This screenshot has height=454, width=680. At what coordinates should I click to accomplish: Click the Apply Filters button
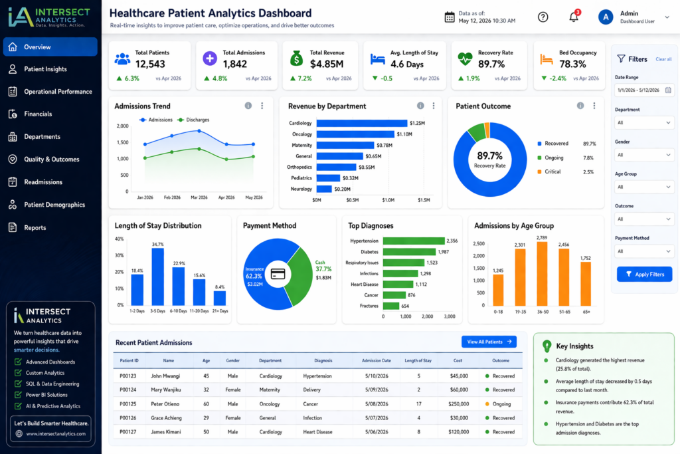click(x=644, y=275)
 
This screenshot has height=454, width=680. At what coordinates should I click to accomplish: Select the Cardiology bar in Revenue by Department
click(x=362, y=123)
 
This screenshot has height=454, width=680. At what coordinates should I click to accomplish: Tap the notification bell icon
click(x=574, y=17)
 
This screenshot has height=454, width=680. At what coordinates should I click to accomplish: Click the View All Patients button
click(x=489, y=342)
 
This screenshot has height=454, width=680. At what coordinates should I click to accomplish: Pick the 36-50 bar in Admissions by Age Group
click(x=542, y=274)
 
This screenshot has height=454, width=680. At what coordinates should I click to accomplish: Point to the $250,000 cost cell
click(x=459, y=403)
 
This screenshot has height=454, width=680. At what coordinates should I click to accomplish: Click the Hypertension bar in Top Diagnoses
click(x=414, y=241)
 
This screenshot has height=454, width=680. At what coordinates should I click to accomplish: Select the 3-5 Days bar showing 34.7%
click(x=157, y=277)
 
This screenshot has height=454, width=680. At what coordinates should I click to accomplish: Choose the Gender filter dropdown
click(x=644, y=155)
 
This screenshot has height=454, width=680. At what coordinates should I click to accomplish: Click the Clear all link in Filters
click(x=663, y=59)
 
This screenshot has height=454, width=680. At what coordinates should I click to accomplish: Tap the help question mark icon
click(x=543, y=17)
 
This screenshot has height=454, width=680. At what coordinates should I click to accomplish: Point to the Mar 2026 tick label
click(x=199, y=197)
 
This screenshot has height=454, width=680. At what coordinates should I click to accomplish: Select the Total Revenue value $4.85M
click(x=327, y=64)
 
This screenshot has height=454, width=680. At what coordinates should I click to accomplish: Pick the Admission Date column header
click(x=377, y=361)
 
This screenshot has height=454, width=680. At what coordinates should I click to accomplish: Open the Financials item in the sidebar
click(x=38, y=114)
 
